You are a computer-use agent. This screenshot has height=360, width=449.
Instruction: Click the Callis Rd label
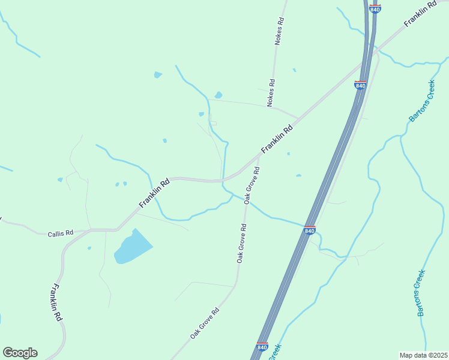[60, 233]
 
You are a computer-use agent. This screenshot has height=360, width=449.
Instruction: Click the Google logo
[20, 353]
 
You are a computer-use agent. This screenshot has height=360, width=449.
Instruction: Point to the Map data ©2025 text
[424, 355]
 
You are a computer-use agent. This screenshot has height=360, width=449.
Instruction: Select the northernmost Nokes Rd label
[279, 31]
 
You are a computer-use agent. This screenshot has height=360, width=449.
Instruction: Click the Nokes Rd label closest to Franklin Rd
[271, 93]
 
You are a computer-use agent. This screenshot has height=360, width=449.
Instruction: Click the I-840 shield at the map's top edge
[375, 8]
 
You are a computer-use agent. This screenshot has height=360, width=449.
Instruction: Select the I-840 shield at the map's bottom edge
[262, 347]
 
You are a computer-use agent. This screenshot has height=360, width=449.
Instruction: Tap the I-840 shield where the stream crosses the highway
[310, 230]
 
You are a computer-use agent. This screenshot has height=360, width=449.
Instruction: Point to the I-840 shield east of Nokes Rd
[360, 85]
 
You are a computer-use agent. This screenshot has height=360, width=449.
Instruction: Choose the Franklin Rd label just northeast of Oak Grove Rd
[276, 139]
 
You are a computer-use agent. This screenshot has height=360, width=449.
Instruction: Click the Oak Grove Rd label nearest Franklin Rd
[252, 185]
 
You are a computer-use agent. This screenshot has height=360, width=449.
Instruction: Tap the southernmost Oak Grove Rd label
[205, 323]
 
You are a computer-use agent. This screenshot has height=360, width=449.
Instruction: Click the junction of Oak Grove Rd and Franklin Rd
[260, 155]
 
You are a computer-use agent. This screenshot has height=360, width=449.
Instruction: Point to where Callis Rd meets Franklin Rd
[116, 229]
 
